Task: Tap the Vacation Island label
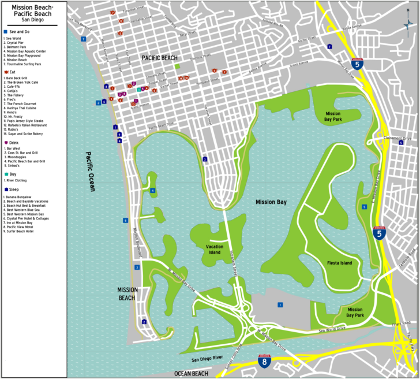[215, 249]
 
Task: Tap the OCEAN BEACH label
[191, 373]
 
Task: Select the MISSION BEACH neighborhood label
[126, 293]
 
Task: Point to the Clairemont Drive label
[398, 138]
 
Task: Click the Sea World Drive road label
[332, 329]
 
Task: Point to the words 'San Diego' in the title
[33, 20]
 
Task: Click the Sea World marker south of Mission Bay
[280, 304]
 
